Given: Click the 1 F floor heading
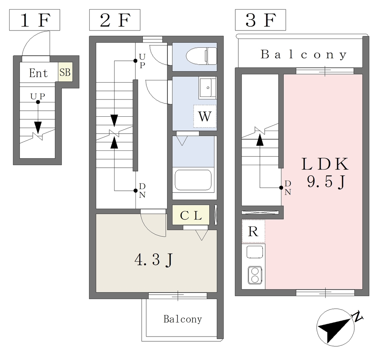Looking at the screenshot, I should (x=34, y=21).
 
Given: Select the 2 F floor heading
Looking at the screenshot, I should (x=115, y=21).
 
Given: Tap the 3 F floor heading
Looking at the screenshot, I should (x=260, y=21).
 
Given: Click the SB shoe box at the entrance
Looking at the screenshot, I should (x=65, y=72).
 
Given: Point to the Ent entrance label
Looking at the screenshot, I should (x=39, y=73).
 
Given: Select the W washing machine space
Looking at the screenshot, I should (x=205, y=116).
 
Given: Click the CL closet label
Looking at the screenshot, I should (x=191, y=215).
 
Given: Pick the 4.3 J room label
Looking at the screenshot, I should (x=154, y=260).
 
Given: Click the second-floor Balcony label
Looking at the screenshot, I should (x=182, y=319).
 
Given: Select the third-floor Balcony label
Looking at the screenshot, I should (x=304, y=55).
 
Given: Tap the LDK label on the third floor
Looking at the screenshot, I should (x=325, y=164).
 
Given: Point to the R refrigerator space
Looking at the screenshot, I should (x=253, y=232).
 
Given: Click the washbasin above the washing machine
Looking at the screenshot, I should (x=207, y=88).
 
